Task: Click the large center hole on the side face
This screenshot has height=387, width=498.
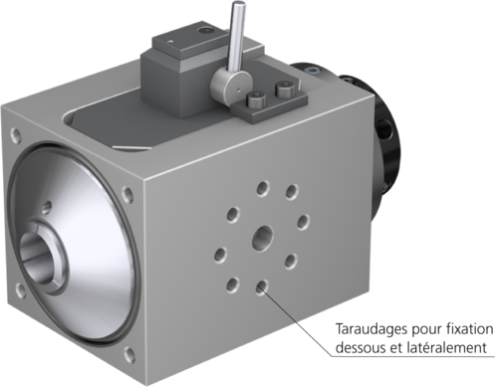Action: (263, 238)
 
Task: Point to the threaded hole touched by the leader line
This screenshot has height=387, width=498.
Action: (262, 287)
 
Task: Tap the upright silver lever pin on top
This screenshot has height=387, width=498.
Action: (236, 40)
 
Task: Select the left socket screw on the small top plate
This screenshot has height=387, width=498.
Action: (256, 100)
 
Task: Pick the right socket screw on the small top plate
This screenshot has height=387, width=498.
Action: (285, 91)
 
